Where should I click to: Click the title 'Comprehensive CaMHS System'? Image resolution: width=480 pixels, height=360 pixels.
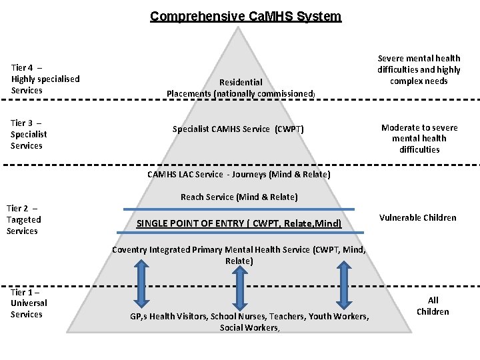[x=245, y=16]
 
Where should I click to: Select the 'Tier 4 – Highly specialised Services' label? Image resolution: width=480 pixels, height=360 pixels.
[x=45, y=79]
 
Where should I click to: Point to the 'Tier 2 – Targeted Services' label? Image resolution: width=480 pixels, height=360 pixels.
[x=24, y=219]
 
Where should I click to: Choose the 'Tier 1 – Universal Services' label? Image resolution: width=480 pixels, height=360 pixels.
[x=29, y=303]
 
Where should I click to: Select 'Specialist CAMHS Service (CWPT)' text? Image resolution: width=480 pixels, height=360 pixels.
[x=238, y=129]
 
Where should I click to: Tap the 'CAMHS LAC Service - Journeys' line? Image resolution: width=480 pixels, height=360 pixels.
[x=238, y=175]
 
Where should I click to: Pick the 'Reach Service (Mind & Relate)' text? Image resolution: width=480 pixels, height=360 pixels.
[x=239, y=197]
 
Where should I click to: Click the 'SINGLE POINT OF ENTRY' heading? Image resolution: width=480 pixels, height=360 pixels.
[x=239, y=223]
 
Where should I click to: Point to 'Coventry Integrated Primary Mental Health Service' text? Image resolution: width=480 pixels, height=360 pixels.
[x=239, y=255]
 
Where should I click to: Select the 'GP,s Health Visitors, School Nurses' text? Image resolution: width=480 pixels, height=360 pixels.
[x=249, y=321]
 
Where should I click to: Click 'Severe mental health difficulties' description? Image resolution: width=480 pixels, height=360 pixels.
[x=419, y=70]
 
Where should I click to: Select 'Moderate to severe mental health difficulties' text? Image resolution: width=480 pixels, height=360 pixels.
[x=419, y=139]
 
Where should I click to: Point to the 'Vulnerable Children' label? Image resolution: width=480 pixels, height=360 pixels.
[x=418, y=217]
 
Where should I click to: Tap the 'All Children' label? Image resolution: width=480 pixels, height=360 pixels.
[x=433, y=306]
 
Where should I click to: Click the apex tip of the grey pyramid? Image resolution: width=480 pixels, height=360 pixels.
[x=242, y=27]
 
